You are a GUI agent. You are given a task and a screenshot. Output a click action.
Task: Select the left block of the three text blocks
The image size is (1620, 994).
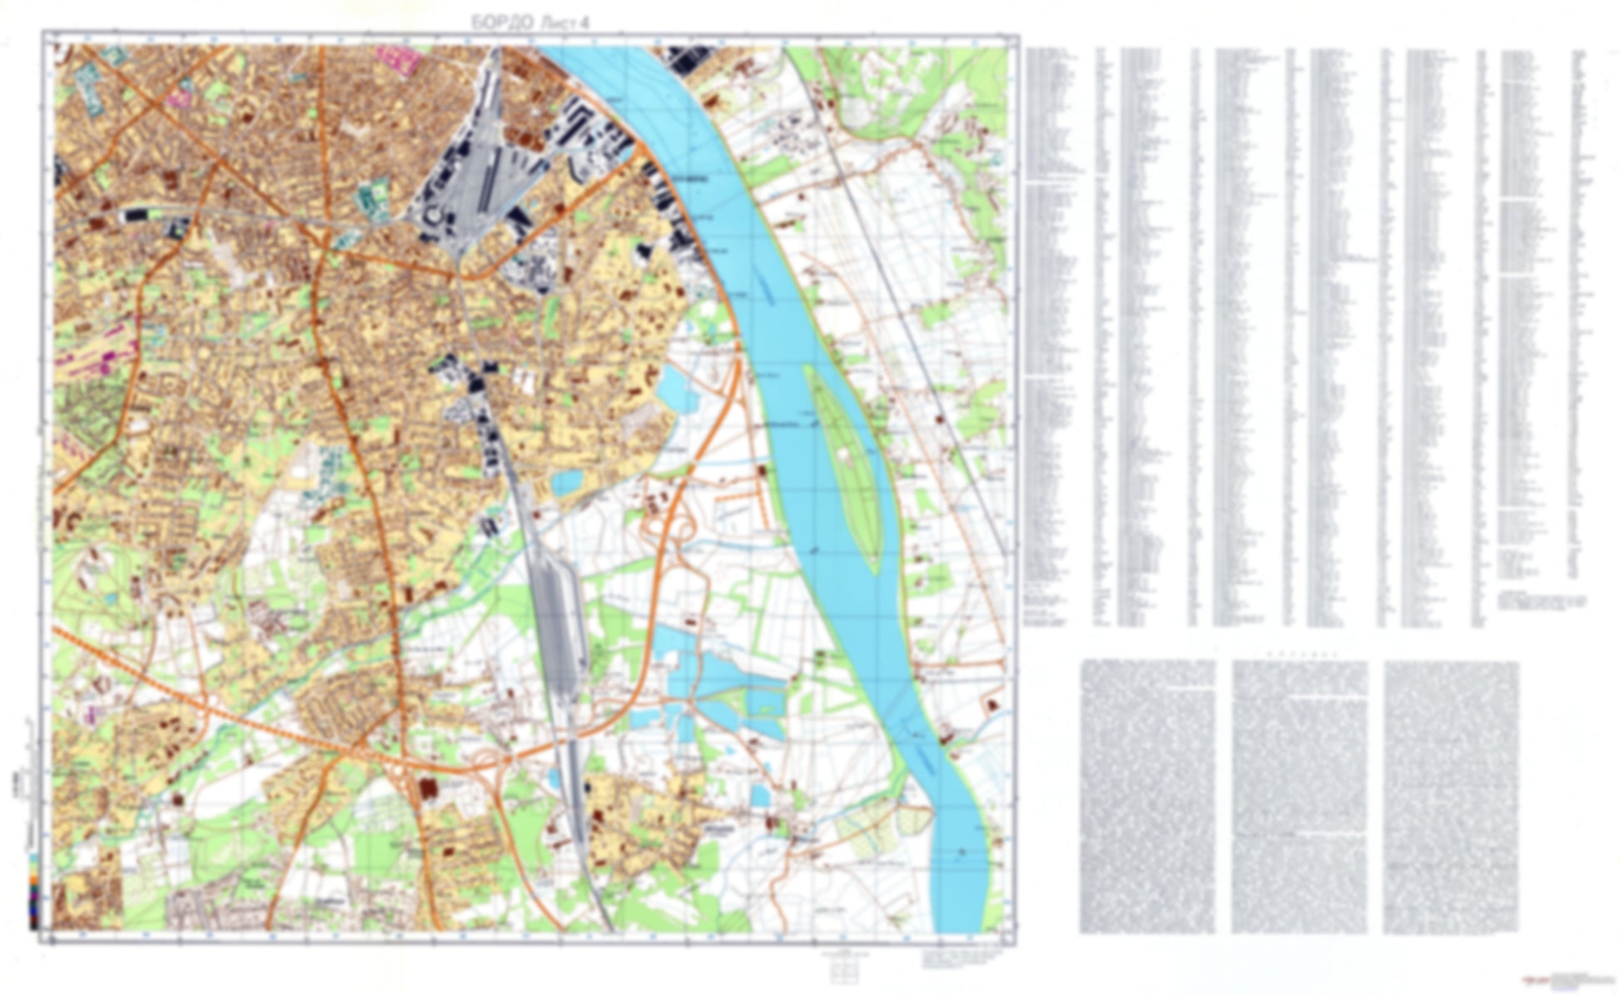coord(1146,796)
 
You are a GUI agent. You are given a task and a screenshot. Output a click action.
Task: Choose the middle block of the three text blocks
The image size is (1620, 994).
coord(1299,796)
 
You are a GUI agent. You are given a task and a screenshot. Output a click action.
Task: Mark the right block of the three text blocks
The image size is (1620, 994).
coord(1451,796)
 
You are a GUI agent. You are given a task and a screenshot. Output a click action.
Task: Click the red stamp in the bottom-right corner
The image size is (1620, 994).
coord(1530,982)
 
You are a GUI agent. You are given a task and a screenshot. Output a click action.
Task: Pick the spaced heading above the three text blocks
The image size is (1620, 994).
coord(1299,654)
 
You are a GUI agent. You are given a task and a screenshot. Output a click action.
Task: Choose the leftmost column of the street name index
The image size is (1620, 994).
coord(1056,333)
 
